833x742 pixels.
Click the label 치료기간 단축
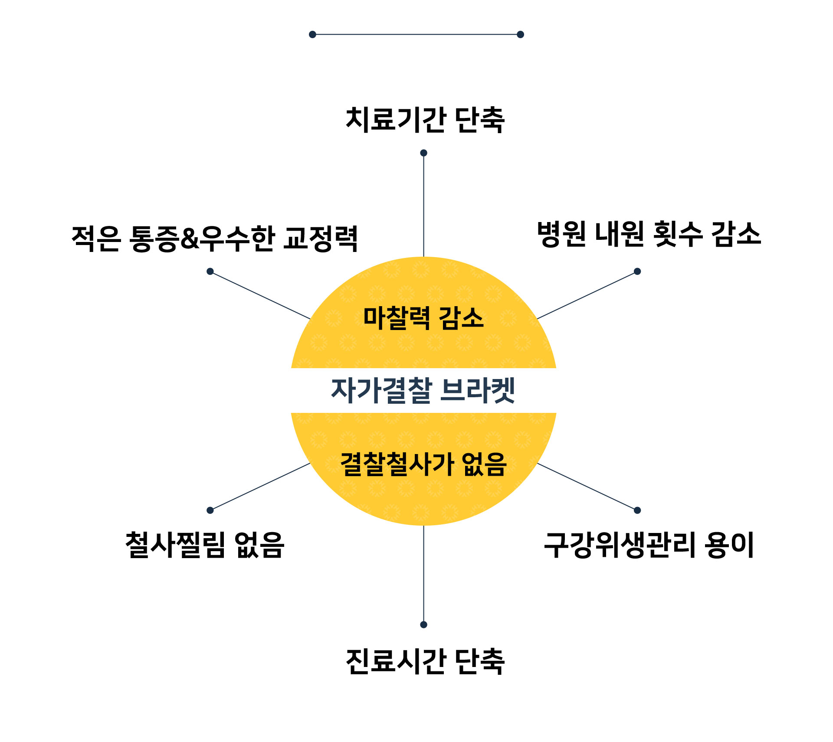click(425, 120)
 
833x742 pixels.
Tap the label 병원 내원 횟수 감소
click(649, 234)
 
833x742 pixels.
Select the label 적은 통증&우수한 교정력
click(214, 239)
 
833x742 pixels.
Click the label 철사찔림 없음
click(204, 545)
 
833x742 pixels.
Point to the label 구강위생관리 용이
click(649, 545)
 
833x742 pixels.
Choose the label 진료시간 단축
click(425, 662)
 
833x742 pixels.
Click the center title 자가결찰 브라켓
click(423, 390)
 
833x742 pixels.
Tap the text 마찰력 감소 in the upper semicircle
click(423, 318)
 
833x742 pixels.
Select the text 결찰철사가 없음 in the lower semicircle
click(423, 464)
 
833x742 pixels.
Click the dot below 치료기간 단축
click(424, 153)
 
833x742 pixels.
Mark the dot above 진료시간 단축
click(424, 624)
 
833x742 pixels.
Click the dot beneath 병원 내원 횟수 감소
click(637, 271)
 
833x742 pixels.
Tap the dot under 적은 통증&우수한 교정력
click(210, 271)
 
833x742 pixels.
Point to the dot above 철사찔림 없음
click(210, 510)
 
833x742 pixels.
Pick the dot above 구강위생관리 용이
click(637, 510)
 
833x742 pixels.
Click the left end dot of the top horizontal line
click(312, 34)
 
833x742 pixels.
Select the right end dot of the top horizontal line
click(521, 34)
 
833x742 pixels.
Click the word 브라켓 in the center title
click(477, 390)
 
